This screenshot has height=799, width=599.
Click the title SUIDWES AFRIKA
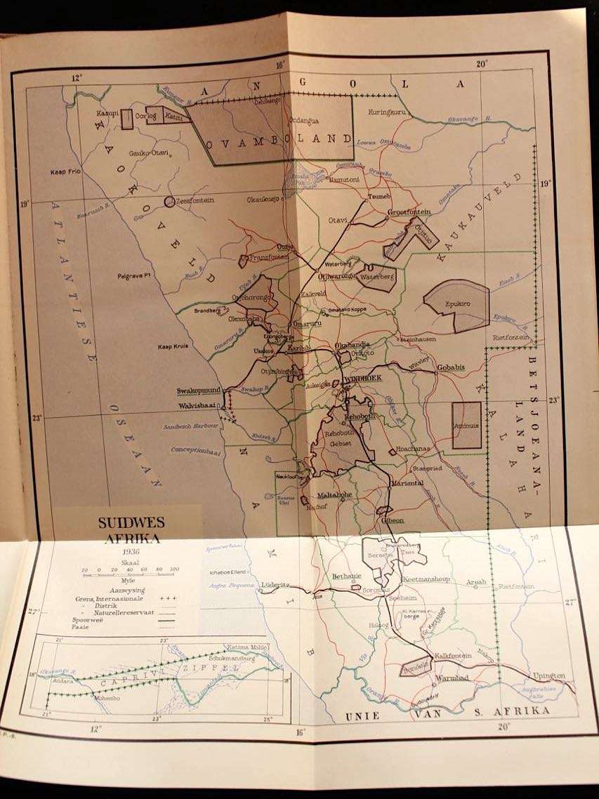point(128,530)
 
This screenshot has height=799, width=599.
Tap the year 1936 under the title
point(128,551)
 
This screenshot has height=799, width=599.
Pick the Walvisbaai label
point(198,405)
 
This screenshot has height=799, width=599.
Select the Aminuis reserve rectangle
point(466,425)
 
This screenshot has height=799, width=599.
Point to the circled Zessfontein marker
point(169,202)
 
